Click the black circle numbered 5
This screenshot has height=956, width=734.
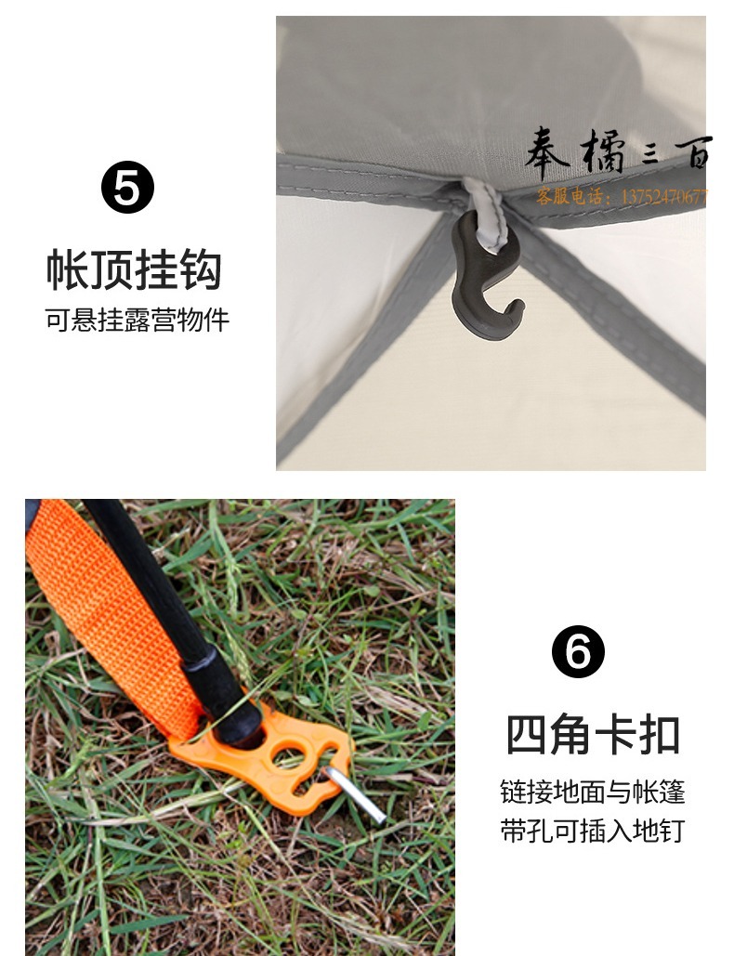[x=127, y=187]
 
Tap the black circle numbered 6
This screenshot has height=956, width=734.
[x=578, y=651]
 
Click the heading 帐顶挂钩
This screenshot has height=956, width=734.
[x=134, y=268]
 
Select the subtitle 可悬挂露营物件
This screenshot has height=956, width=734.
[x=137, y=320]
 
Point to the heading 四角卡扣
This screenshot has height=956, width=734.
[x=593, y=735]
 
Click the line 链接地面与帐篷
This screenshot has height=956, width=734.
[x=593, y=792]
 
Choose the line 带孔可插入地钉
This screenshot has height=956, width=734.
[x=593, y=831]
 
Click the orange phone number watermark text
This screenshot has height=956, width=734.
[x=623, y=196]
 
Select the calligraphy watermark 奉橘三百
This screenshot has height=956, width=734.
[x=618, y=152]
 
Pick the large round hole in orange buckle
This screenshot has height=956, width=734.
[x=289, y=755]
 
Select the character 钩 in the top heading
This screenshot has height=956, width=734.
[x=200, y=268]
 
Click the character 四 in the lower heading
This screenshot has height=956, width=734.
[x=527, y=735]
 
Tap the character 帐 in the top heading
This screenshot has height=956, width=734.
[x=67, y=268]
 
